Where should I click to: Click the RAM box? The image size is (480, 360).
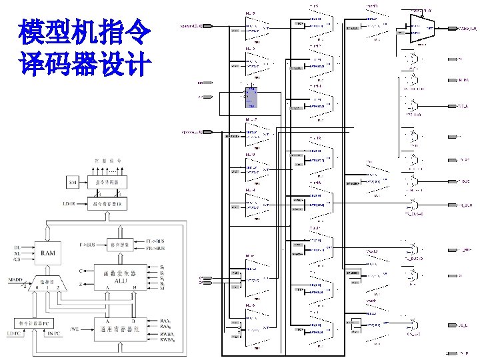point(48,254)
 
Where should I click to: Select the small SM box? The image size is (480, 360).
point(73,182)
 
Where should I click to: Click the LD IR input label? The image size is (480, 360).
point(69,202)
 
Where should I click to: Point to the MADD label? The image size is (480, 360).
point(14,279)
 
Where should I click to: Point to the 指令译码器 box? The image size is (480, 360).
point(111,181)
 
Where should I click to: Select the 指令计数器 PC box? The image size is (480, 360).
point(43,323)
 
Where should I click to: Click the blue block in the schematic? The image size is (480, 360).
point(251,98)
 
